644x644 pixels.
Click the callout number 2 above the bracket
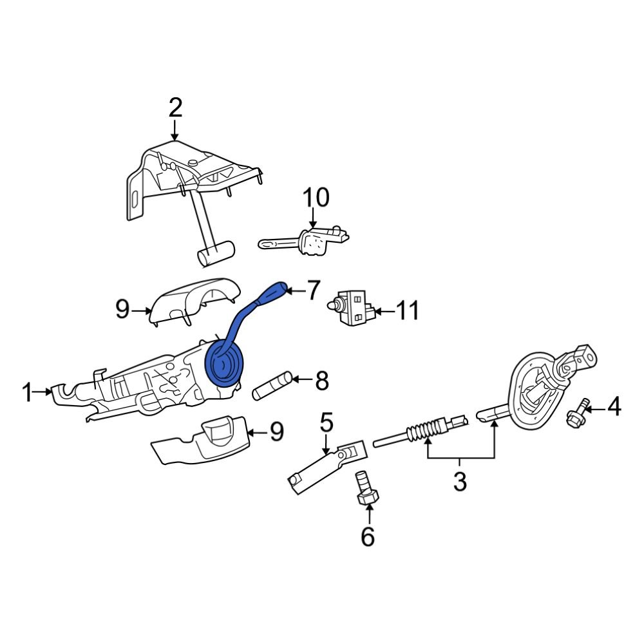pos(175,108)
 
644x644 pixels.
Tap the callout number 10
pos(316,197)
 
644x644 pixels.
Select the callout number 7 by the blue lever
pos(313,290)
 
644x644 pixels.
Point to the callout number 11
pos(406,312)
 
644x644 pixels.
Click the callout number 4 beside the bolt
pos(614,407)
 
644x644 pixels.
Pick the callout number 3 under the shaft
pos(459,482)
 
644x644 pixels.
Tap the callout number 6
pos(367,536)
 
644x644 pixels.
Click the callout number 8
pos(321,381)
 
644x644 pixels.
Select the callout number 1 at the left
pos(26,392)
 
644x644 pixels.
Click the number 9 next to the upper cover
pos(122,310)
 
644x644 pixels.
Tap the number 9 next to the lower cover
pos(276,431)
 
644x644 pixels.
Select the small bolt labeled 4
pos(576,413)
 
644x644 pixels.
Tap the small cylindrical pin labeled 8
pos(274,385)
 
